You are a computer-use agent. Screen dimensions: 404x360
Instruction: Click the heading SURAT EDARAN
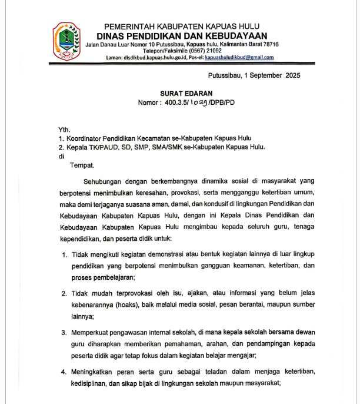pos(186,93)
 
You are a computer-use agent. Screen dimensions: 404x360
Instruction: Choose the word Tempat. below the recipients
pos(82,165)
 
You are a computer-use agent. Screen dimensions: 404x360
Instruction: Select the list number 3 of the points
pos(65,333)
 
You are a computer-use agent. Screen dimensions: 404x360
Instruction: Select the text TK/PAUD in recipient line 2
pos(101,147)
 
